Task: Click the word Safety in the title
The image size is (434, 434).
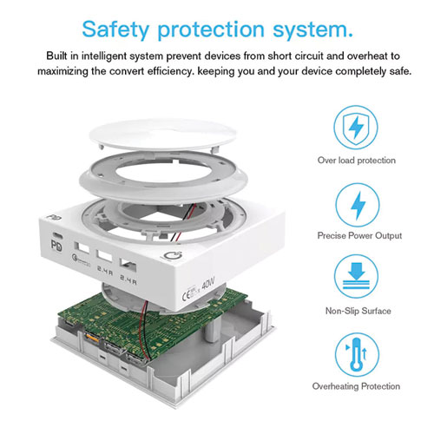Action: click(x=115, y=30)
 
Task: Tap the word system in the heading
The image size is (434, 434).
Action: click(x=312, y=30)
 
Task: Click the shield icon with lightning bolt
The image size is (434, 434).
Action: click(x=356, y=128)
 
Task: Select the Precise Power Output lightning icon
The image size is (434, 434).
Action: click(x=358, y=205)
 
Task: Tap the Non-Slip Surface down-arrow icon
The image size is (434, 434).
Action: click(x=357, y=276)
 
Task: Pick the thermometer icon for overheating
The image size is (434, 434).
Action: click(x=357, y=355)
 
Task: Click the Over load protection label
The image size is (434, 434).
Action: click(x=357, y=161)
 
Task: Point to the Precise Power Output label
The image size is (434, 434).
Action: click(x=359, y=235)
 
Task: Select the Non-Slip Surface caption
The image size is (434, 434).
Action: click(x=358, y=311)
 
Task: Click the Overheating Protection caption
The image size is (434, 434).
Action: click(x=356, y=386)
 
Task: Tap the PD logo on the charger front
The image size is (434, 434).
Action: click(x=56, y=246)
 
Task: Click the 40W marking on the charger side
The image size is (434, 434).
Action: click(x=208, y=283)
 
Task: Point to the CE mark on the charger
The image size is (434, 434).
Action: click(x=187, y=294)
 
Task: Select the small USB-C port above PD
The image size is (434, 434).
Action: click(x=57, y=235)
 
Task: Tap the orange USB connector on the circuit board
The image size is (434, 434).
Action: click(x=91, y=337)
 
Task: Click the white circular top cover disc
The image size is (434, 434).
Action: click(x=163, y=135)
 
